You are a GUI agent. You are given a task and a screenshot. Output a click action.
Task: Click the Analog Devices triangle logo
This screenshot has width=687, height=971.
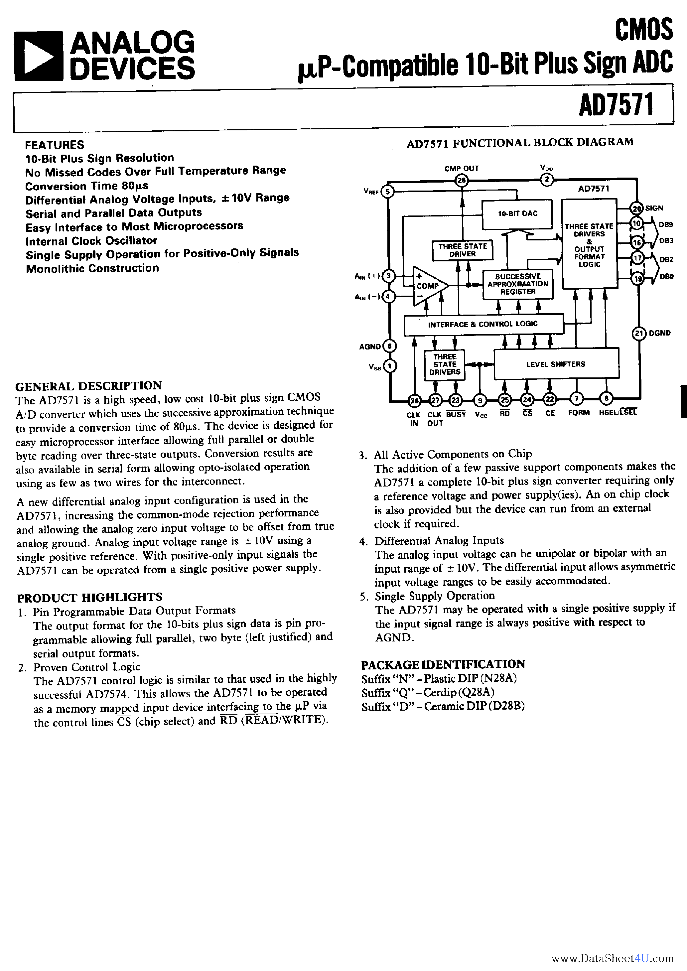click(x=39, y=56)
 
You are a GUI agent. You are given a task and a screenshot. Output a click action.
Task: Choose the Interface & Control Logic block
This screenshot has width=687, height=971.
click(x=483, y=324)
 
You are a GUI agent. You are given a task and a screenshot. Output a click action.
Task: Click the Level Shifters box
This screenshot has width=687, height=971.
click(x=556, y=364)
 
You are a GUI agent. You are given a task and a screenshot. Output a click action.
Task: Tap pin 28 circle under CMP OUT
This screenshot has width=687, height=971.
click(x=462, y=181)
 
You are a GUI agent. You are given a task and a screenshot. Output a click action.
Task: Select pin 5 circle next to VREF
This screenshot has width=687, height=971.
click(x=387, y=192)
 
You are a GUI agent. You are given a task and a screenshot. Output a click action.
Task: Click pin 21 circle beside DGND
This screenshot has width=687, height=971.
click(x=639, y=333)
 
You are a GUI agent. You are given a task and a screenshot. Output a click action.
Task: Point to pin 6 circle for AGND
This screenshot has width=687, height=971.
click(x=389, y=347)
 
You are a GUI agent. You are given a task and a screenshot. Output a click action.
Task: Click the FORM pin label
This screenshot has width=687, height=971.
click(x=579, y=413)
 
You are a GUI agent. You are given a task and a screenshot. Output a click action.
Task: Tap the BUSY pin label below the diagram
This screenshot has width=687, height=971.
click(x=456, y=414)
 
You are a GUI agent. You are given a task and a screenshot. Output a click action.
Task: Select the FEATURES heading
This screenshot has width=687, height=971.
click(x=55, y=145)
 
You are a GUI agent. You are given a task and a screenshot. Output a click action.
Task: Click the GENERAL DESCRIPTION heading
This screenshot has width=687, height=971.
click(x=88, y=386)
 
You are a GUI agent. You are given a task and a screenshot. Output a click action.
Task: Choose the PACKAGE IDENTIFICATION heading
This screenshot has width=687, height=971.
click(x=443, y=664)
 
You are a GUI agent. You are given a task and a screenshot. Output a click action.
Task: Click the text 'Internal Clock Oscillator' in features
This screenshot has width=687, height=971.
click(x=91, y=241)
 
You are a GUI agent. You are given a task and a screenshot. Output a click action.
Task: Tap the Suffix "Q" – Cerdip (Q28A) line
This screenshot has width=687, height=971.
click(x=428, y=692)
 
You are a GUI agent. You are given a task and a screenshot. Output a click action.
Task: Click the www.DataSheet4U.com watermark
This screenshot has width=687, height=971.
click(x=613, y=958)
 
